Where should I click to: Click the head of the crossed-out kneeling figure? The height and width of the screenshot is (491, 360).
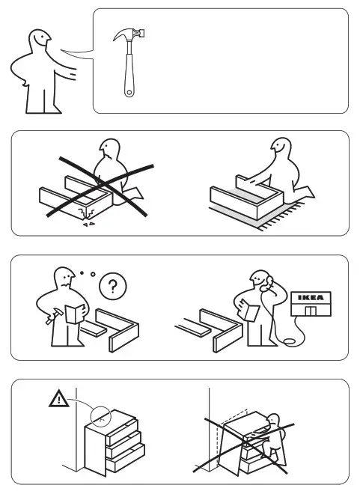click(110, 150)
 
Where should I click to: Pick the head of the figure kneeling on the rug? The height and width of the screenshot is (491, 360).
click(280, 148)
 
